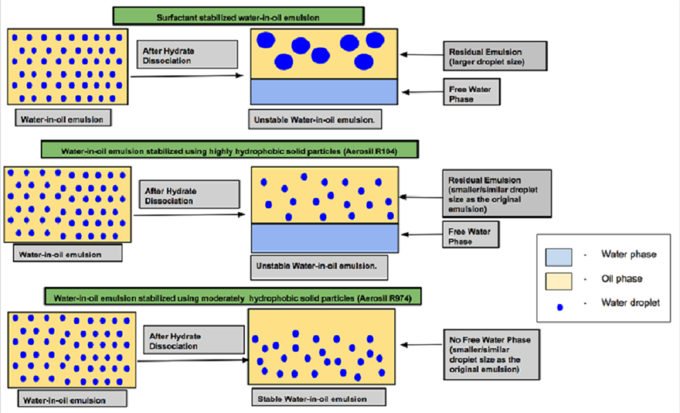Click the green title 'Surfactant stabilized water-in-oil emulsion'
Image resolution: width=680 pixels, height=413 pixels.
click(x=238, y=15)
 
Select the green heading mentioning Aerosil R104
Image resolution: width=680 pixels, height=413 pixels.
click(x=230, y=150)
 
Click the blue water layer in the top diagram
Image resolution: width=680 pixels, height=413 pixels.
click(x=324, y=92)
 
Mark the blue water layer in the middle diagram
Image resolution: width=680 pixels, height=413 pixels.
click(x=324, y=238)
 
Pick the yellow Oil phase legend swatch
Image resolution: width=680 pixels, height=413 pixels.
click(x=562, y=279)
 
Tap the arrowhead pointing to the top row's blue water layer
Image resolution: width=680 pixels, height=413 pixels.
click(x=405, y=92)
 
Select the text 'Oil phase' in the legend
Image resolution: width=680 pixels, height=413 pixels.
click(x=621, y=279)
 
